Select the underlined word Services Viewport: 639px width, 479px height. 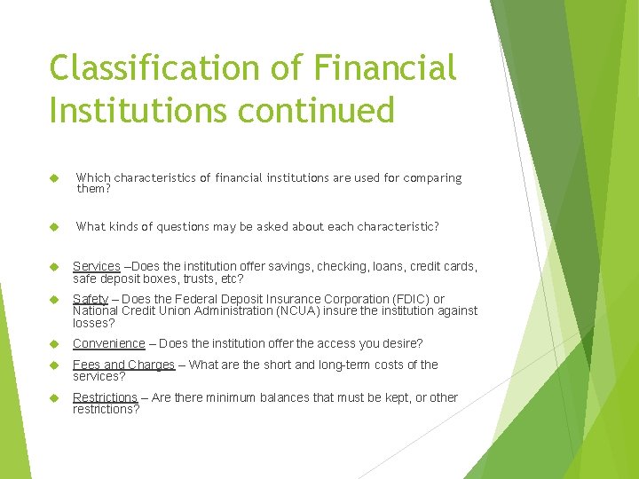point(96,267)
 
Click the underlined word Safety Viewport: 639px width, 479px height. point(91,300)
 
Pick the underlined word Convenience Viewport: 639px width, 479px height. point(108,344)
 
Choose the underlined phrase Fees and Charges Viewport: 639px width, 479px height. point(123,365)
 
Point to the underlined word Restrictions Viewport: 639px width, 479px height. point(105,398)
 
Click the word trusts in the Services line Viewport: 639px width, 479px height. point(200,279)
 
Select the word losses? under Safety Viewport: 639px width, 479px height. point(93,323)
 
